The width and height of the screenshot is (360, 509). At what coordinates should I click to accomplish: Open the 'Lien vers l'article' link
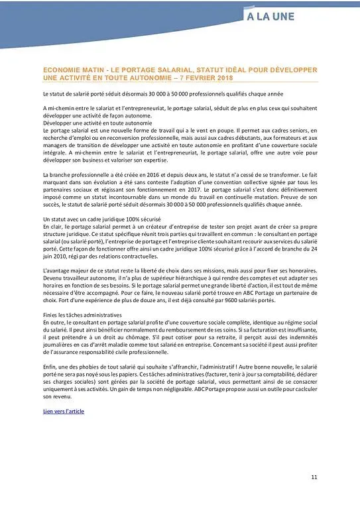click(64, 411)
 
